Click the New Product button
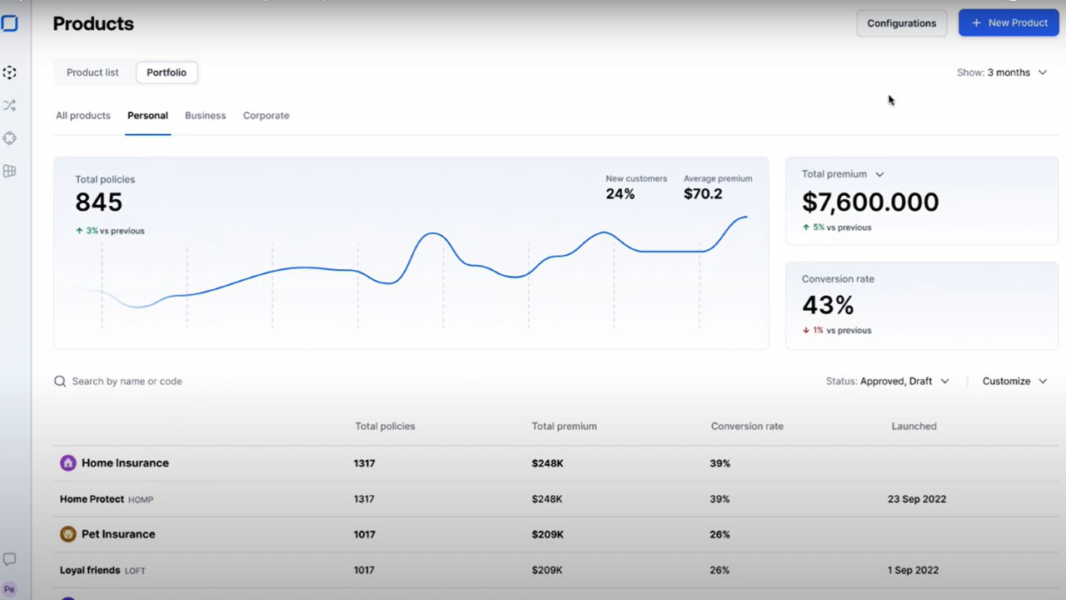(x=1009, y=22)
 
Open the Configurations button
(x=901, y=23)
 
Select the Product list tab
(x=92, y=72)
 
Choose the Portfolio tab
(x=167, y=72)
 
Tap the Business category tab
(x=205, y=116)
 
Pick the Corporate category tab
(x=266, y=116)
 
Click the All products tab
(x=83, y=116)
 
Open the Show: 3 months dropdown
(x=1002, y=72)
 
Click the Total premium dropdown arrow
(x=879, y=175)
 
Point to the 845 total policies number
(x=99, y=202)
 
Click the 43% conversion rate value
(x=828, y=305)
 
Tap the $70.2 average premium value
(x=703, y=194)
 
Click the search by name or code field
(x=127, y=382)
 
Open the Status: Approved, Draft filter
(x=888, y=382)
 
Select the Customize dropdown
(x=1014, y=382)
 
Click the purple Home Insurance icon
(x=68, y=462)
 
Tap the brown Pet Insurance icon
(x=68, y=534)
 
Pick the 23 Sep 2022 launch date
(x=917, y=499)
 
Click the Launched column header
(x=914, y=426)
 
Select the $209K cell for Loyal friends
(x=547, y=570)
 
